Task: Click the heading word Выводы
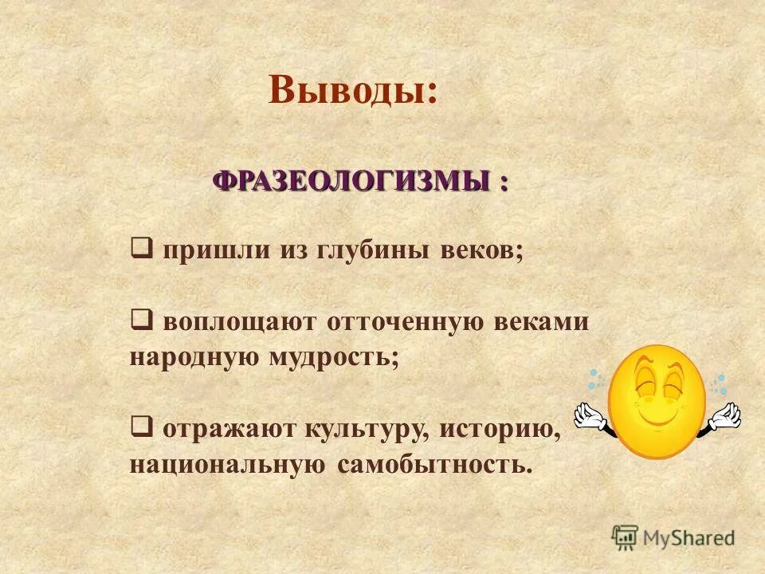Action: [353, 89]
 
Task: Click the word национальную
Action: [227, 464]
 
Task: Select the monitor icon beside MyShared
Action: [625, 537]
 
